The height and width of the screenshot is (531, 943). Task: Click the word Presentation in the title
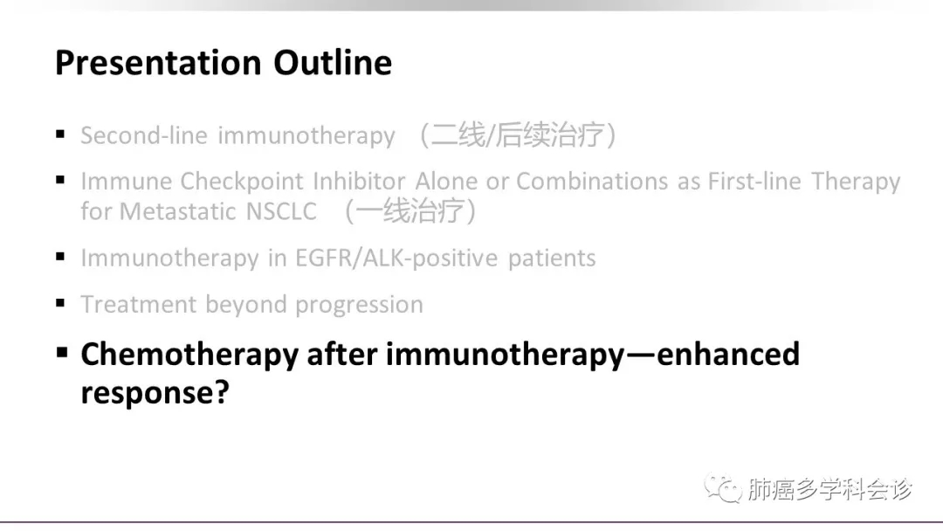[158, 63]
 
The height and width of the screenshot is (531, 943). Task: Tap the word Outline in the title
[333, 62]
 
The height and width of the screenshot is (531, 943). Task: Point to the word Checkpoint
[242, 182]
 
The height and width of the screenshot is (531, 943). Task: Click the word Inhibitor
[360, 181]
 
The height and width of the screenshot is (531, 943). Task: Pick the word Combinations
[592, 181]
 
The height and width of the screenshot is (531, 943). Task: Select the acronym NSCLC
[281, 211]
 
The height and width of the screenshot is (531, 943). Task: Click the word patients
[552, 259]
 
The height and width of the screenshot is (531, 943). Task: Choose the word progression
[359, 305]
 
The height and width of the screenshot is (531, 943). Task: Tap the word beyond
[245, 305]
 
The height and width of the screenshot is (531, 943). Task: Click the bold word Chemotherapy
[189, 355]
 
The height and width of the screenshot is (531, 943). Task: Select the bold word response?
[155, 393]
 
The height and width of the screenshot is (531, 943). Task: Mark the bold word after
[341, 354]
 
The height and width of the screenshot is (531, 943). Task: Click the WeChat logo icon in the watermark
[724, 487]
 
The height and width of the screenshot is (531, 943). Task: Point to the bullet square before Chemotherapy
[61, 352]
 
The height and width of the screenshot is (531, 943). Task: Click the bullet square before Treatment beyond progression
[60, 303]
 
